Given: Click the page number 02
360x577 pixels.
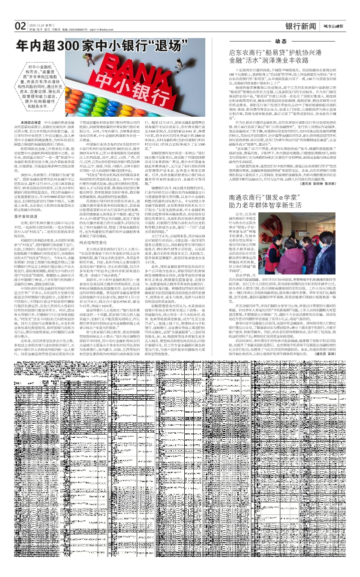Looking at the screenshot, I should (x=20, y=26).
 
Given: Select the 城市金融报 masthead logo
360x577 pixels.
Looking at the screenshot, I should (x=333, y=26).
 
